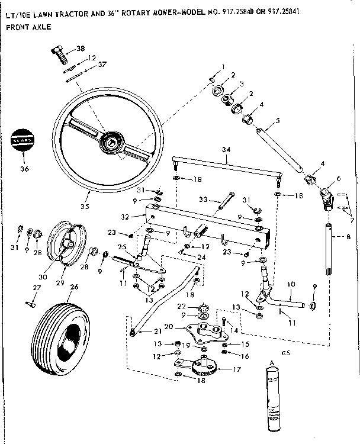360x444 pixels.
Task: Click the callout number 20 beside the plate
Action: click(168, 326)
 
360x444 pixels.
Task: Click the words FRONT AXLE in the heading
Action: click(28, 27)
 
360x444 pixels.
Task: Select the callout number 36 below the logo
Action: click(23, 168)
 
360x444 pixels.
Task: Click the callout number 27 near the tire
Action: click(37, 288)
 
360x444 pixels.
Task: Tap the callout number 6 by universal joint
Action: click(338, 178)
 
